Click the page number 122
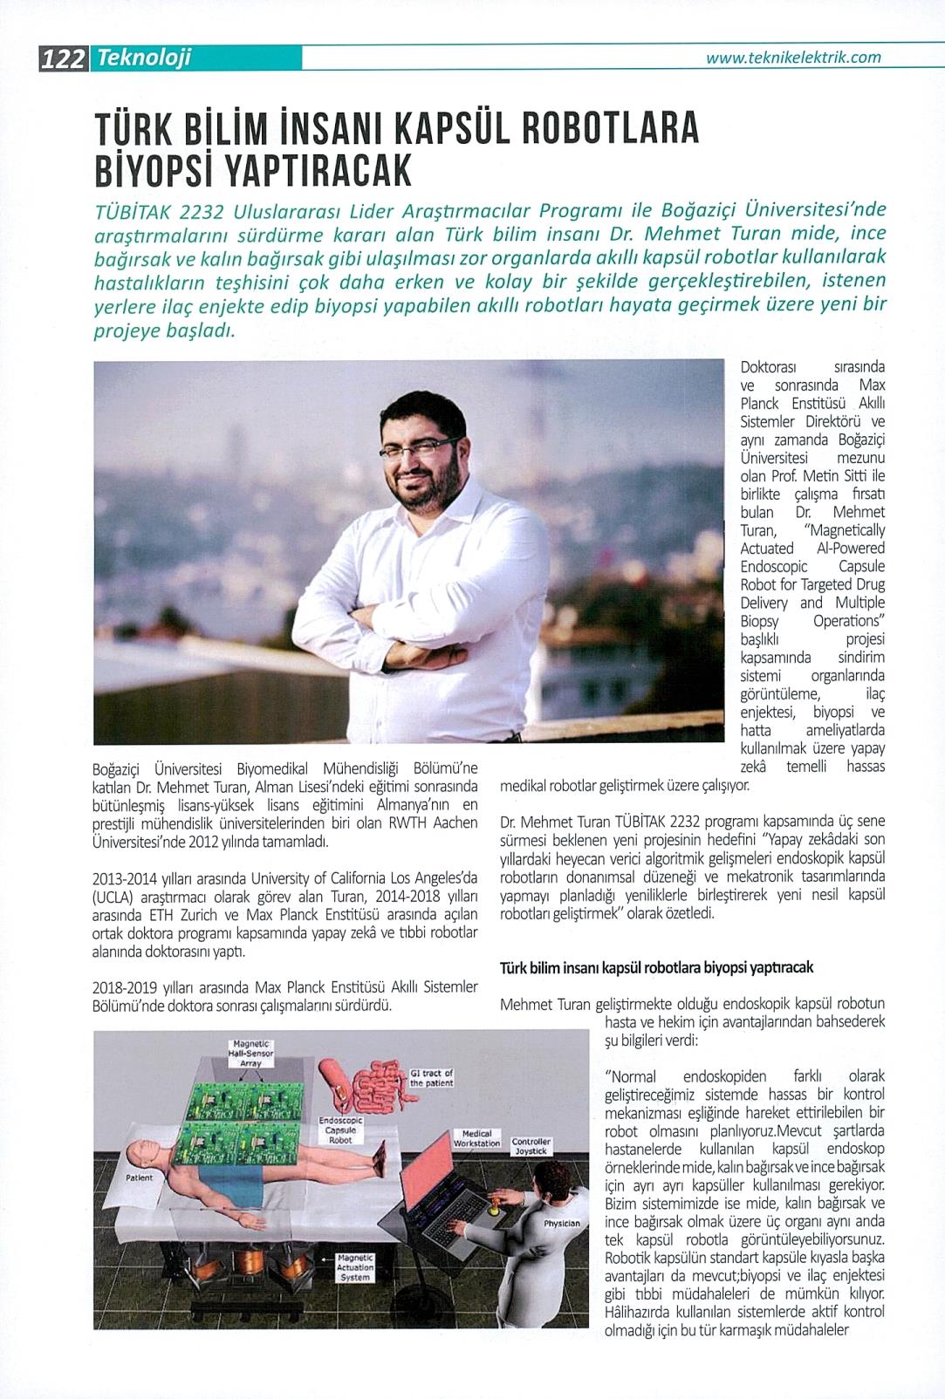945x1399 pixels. pos(62,59)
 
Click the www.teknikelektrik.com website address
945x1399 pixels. pos(793,58)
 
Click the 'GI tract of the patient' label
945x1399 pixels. pos(431,1077)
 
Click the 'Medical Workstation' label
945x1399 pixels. pos(476,1138)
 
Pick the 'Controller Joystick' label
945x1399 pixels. pos(531,1146)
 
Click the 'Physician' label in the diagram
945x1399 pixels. pos(561,1223)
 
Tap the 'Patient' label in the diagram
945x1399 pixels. pos(139,1177)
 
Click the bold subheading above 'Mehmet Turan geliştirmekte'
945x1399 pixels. pos(656,968)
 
